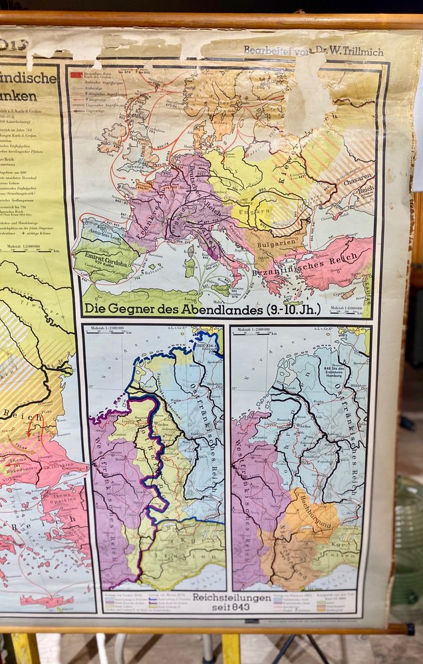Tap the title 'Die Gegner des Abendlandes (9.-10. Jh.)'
click(202, 309)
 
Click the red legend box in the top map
click(76, 75)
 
